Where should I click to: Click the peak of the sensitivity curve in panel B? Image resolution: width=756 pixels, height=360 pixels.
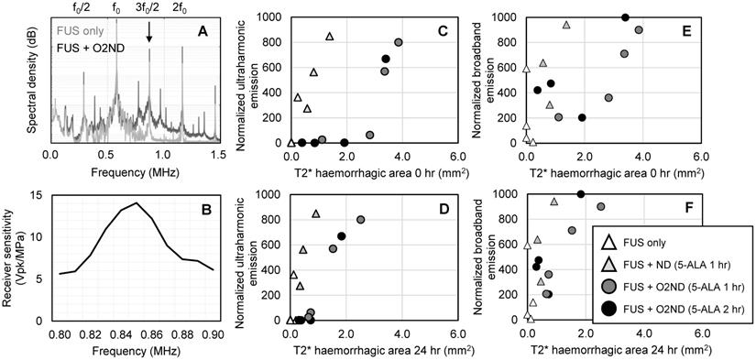click(x=137, y=202)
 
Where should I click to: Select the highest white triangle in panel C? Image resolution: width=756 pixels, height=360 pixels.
click(x=330, y=37)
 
